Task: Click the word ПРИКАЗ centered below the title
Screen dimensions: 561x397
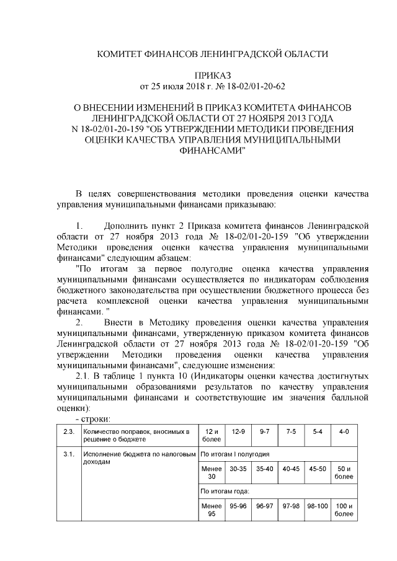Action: click(214, 75)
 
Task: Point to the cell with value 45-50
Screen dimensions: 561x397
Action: click(317, 469)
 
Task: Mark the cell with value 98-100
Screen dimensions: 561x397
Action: click(317, 506)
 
